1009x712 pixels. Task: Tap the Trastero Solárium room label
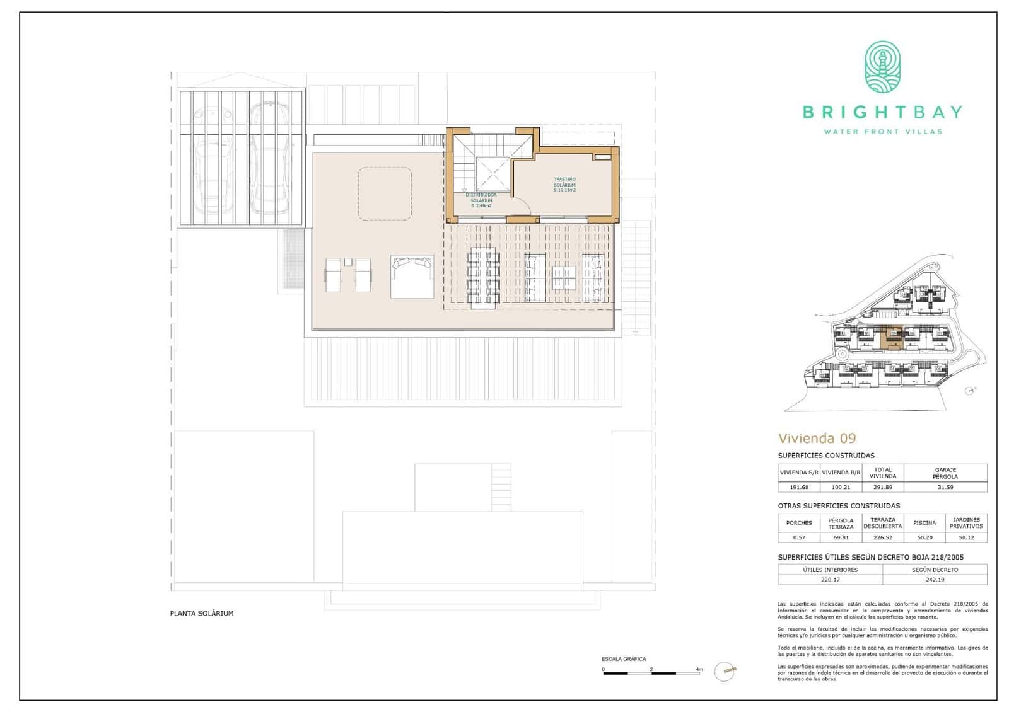(564, 184)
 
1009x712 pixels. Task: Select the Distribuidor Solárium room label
(481, 200)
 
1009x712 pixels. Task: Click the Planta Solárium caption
(201, 613)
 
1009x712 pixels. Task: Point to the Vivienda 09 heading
(817, 438)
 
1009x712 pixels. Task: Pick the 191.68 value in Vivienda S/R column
(798, 487)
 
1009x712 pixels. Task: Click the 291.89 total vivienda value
(882, 487)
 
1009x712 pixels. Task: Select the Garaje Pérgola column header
(945, 473)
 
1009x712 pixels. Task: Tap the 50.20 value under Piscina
(924, 537)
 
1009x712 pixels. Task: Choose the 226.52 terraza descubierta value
(882, 537)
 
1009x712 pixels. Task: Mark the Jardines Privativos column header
(966, 523)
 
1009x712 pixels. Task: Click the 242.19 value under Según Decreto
(935, 580)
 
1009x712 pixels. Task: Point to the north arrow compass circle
(725, 671)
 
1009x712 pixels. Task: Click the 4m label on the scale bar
(699, 669)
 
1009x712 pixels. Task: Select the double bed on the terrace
(412, 276)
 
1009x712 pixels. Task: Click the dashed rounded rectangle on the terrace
(385, 193)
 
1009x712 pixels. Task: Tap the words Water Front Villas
(883, 132)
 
